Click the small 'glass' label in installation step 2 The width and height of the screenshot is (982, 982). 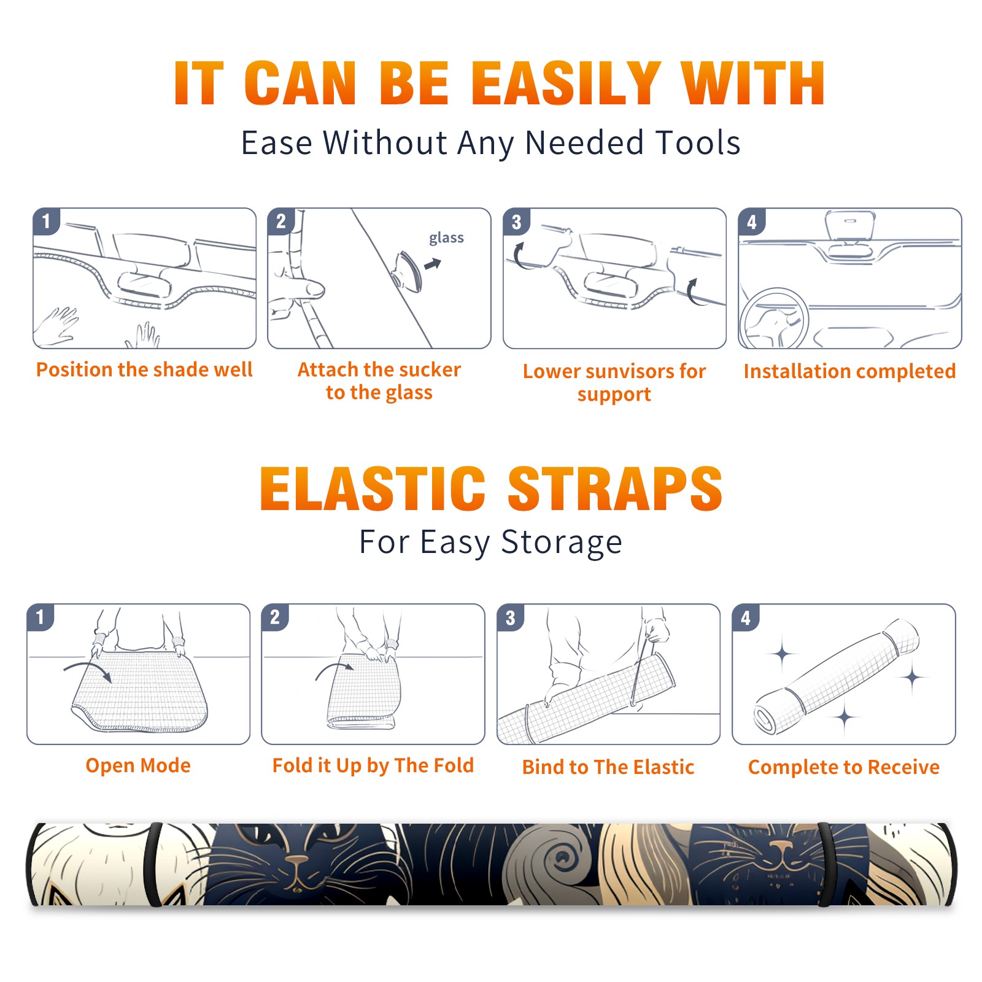tap(446, 238)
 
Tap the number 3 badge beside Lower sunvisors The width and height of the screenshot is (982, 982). tap(516, 222)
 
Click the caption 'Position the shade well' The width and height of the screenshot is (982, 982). tap(144, 369)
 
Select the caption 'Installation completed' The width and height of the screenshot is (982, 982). tap(849, 371)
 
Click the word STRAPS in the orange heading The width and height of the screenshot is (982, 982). tap(615, 489)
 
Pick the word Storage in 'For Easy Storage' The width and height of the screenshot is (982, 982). tap(562, 543)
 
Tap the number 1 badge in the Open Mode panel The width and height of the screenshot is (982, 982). tap(41, 617)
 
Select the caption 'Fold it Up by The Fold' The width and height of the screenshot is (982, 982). tap(373, 765)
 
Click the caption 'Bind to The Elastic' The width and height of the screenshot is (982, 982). tap(608, 767)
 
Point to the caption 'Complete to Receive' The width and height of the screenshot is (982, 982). tap(844, 767)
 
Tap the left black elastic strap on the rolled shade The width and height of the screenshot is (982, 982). tap(155, 864)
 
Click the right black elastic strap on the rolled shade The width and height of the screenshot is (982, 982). tap(824, 864)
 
